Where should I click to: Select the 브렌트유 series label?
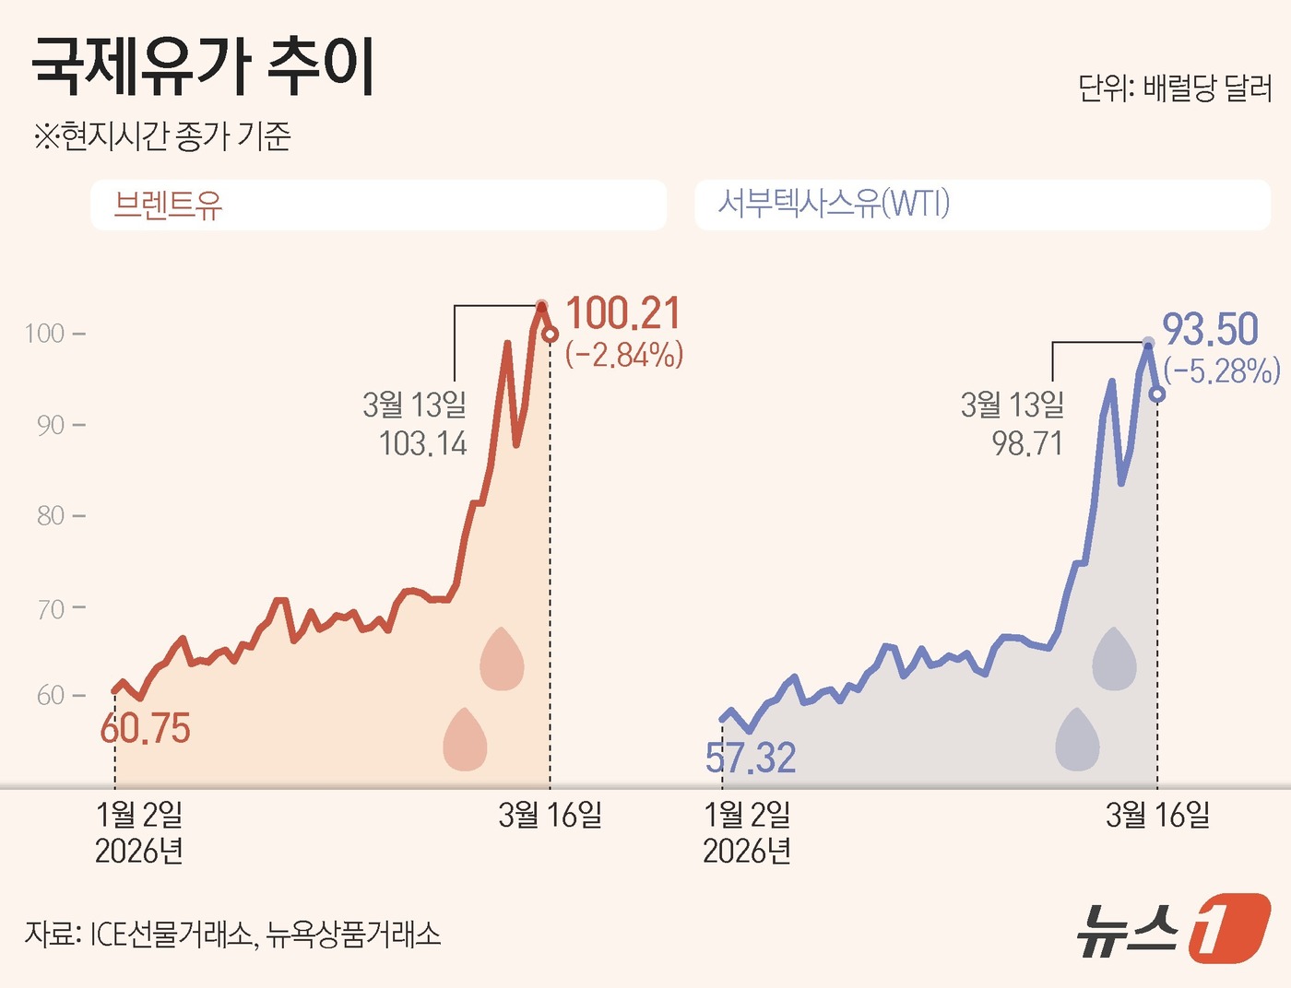coord(168,205)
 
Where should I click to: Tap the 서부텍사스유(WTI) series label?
coord(834,204)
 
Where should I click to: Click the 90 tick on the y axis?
coord(50,425)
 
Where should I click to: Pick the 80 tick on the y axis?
coord(50,516)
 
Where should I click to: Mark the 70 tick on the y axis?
coord(50,608)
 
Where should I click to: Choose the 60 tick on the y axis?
coord(50,696)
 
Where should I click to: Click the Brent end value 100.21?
coord(623,313)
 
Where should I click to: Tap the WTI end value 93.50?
coord(1210,329)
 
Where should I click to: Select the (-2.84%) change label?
coord(624,355)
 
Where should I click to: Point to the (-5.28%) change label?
coord(1222,370)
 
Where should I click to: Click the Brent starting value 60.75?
coord(145,729)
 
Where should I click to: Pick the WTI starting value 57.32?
coord(751,759)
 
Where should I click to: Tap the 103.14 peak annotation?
coord(423,444)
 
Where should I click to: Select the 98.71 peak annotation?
coord(1027,444)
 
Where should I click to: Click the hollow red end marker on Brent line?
coord(550,335)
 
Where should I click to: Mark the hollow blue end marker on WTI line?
coord(1157,394)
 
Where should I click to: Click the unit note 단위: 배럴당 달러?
coord(1175,88)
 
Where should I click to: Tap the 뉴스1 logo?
coord(1173,927)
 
